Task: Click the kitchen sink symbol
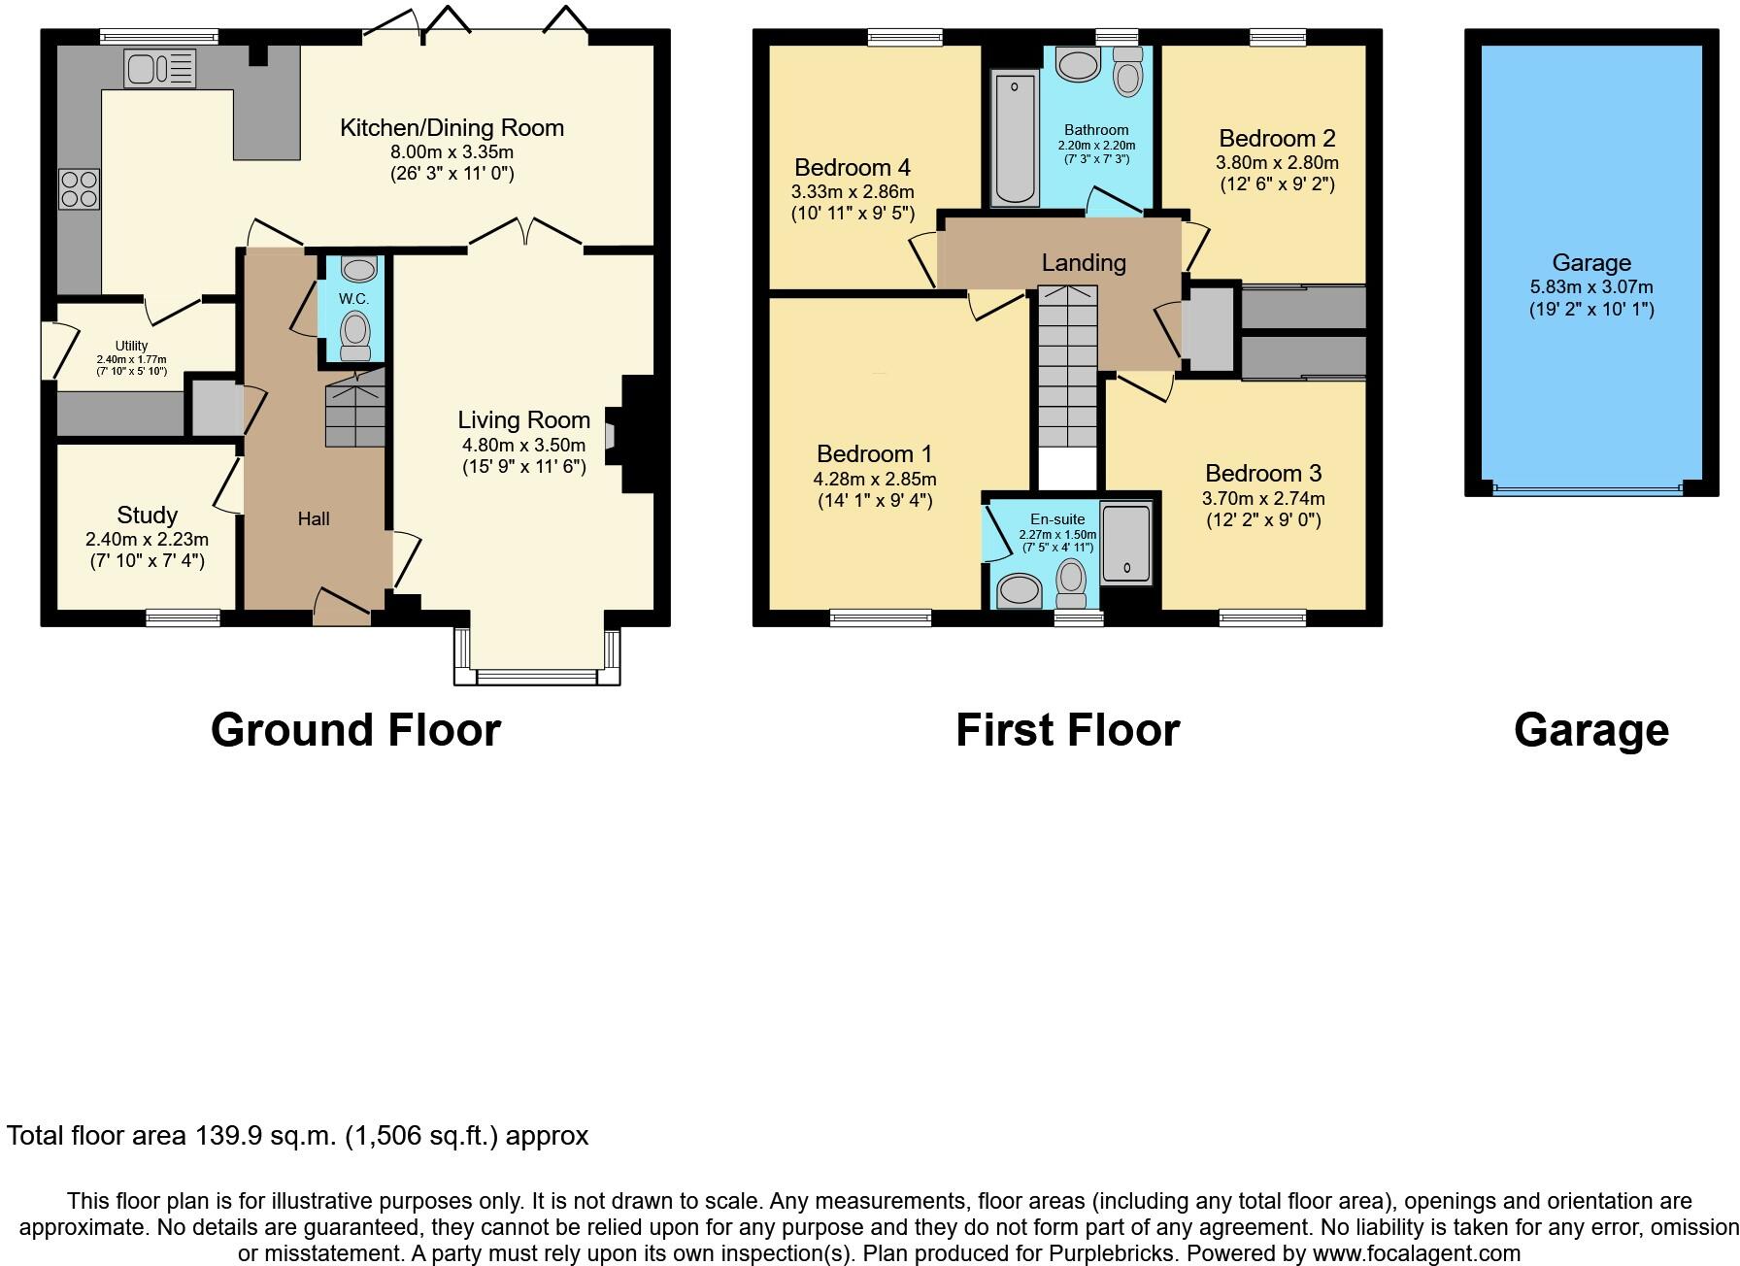159,68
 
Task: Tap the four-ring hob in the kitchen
79,188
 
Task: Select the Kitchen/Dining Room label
452,127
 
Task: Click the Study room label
147,515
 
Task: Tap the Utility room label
131,346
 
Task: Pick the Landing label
1084,262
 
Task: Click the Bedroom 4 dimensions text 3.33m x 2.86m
852,191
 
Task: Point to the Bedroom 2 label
1277,138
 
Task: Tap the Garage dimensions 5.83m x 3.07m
1590,286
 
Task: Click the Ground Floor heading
355,730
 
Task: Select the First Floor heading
1067,730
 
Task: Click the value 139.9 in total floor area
227,1135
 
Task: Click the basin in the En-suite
1020,588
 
